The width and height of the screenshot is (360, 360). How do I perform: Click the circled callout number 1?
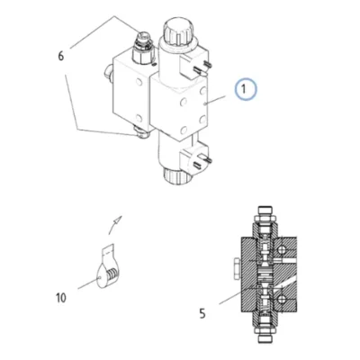pos(246,89)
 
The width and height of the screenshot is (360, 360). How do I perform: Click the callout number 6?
pos(61,56)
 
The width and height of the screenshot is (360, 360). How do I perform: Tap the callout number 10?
pos(60,298)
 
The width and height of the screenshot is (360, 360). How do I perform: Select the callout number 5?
pos(202,314)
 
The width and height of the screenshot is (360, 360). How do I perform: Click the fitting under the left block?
pos(141,131)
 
